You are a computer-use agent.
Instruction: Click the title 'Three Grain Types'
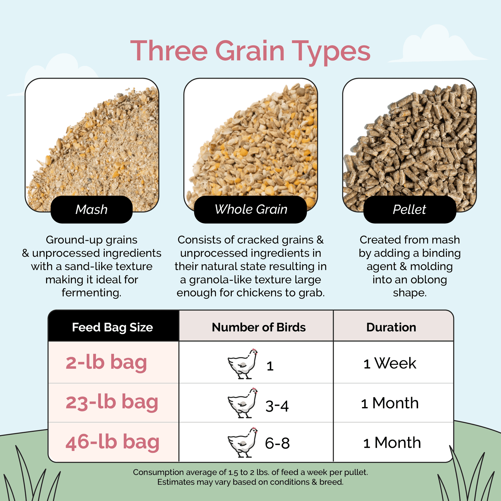(250, 51)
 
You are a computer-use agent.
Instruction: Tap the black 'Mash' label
(92, 210)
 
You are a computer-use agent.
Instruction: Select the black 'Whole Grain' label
(251, 209)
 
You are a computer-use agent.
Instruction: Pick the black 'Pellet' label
(409, 210)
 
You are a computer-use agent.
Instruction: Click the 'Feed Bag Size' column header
(113, 327)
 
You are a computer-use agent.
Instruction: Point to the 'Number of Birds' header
(258, 327)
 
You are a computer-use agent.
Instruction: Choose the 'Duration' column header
(391, 327)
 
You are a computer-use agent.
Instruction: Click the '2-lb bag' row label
(106, 362)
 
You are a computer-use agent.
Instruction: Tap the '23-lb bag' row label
(112, 402)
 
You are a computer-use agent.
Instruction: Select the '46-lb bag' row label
(112, 442)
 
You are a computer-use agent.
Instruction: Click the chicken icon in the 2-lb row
(243, 364)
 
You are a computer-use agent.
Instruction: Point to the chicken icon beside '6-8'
(243, 443)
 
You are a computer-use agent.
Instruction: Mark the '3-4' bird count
(277, 406)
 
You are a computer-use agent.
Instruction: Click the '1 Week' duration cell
(390, 363)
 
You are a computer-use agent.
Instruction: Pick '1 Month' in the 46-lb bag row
(392, 443)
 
